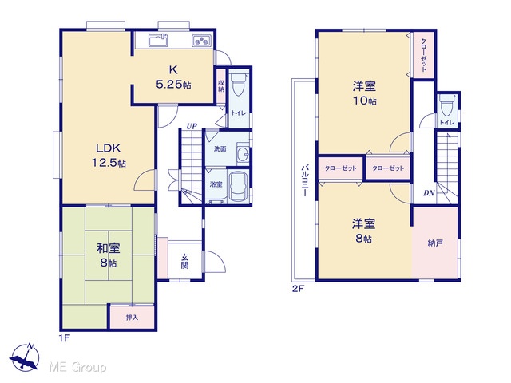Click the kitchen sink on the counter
[x=158, y=40]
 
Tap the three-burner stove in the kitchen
[x=200, y=41]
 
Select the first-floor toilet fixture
[x=239, y=84]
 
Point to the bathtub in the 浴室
[x=238, y=187]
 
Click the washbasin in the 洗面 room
[x=243, y=154]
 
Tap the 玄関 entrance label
[x=184, y=261]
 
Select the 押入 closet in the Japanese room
[x=132, y=317]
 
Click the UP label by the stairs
[x=192, y=126]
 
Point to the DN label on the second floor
[x=429, y=193]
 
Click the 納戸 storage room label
[x=435, y=243]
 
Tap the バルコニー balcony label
[x=305, y=180]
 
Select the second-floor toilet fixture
[x=447, y=105]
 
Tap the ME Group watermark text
[x=77, y=367]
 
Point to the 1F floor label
[x=64, y=338]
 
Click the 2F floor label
[x=298, y=288]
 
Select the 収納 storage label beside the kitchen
[x=221, y=85]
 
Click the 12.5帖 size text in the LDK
[x=109, y=163]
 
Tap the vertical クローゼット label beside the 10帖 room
[x=423, y=55]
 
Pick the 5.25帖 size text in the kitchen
[x=173, y=85]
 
